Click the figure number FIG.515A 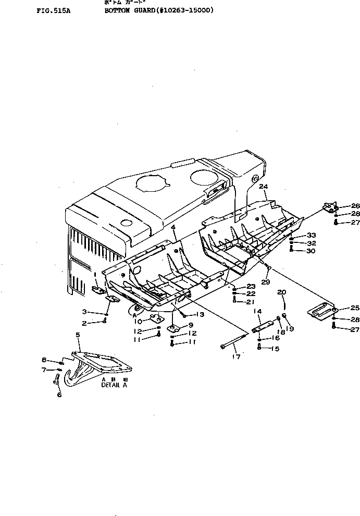coord(53,9)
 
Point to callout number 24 coord(264,186)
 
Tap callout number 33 coord(311,236)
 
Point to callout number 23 coord(251,286)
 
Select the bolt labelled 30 coord(291,250)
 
